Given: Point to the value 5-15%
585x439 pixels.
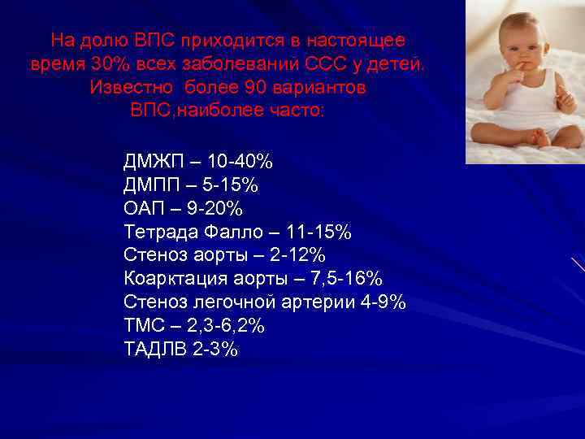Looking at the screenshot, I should [233, 185].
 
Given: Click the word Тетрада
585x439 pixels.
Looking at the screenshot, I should [160, 232].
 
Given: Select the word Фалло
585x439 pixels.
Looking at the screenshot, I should [231, 232].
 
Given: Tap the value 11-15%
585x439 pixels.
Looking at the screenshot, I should [319, 232].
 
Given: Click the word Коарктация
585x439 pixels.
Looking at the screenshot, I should [176, 278].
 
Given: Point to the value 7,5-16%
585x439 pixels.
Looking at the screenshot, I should [348, 278].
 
